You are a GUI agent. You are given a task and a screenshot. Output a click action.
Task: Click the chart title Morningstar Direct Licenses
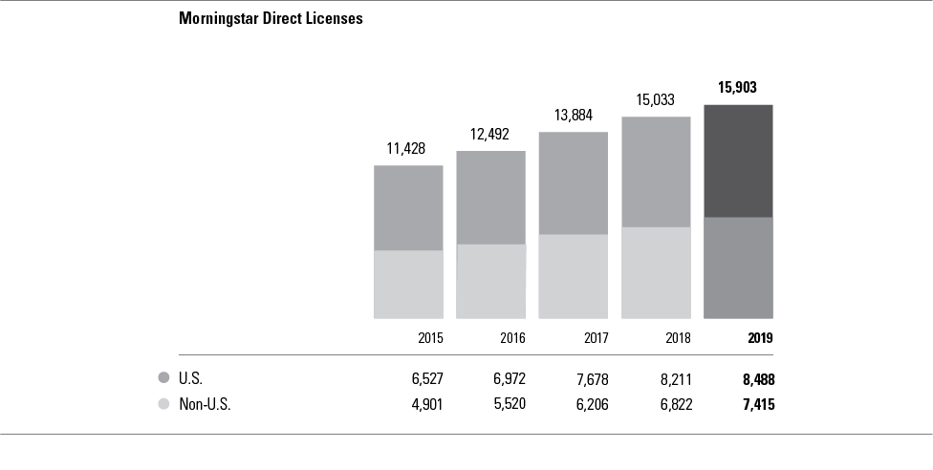[271, 18]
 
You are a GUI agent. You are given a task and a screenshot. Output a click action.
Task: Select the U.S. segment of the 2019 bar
[738, 160]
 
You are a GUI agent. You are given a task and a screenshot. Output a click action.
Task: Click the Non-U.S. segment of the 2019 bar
[738, 267]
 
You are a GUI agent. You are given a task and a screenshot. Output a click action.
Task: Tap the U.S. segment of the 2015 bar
[408, 207]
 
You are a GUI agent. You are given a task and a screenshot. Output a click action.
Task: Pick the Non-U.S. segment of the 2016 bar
[490, 281]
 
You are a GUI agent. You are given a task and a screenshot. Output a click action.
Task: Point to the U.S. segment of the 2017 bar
[574, 182]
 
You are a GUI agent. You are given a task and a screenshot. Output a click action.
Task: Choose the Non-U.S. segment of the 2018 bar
[656, 272]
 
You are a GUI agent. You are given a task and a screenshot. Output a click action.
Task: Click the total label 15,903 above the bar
[738, 88]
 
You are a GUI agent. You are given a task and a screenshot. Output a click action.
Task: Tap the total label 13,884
[573, 115]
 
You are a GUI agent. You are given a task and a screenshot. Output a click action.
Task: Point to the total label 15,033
[656, 99]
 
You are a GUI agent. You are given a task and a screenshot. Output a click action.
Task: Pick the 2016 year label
[512, 338]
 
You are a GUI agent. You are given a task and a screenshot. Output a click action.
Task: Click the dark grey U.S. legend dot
[164, 378]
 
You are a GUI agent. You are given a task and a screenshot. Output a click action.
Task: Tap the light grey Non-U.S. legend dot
[164, 404]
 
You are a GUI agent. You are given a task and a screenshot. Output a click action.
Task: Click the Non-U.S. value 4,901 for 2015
[425, 404]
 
